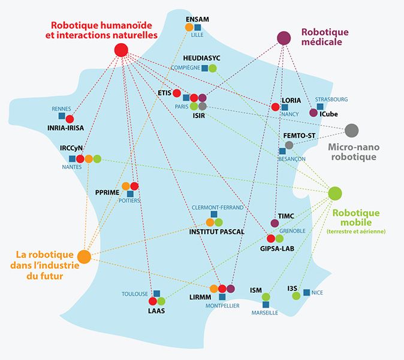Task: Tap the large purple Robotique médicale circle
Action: (284, 39)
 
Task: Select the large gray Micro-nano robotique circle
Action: (352, 130)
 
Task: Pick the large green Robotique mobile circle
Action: (335, 193)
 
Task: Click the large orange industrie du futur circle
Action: (84, 257)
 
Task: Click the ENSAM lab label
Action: (197, 19)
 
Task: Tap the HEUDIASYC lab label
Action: (201, 58)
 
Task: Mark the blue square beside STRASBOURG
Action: (320, 107)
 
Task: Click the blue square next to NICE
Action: (306, 292)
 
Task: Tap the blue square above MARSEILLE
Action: (266, 305)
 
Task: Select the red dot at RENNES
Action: (70, 118)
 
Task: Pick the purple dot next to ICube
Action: (313, 112)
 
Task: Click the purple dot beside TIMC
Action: (275, 223)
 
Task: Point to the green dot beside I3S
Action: (294, 295)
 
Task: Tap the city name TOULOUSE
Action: (135, 294)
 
